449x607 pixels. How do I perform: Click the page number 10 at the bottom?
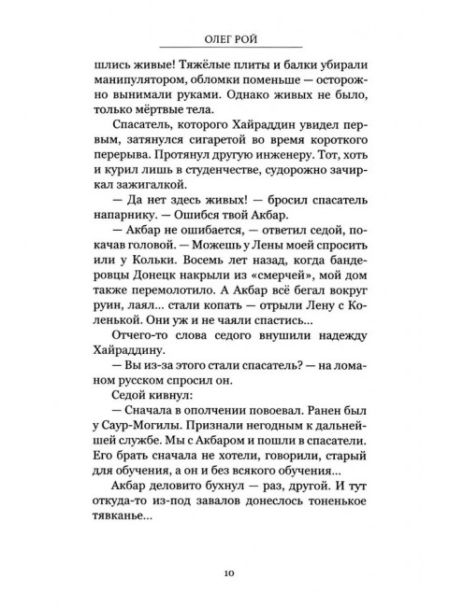coord(224,572)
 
